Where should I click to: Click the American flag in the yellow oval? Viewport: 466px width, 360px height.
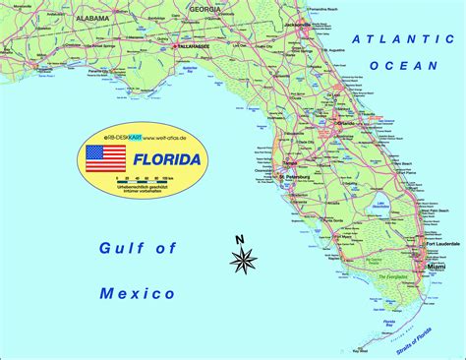(x=105, y=158)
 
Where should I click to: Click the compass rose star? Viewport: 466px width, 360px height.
(x=244, y=260)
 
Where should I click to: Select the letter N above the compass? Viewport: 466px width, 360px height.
(x=239, y=239)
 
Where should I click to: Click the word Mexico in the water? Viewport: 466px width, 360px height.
(x=138, y=293)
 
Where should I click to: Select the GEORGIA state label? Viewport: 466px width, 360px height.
(x=205, y=9)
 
